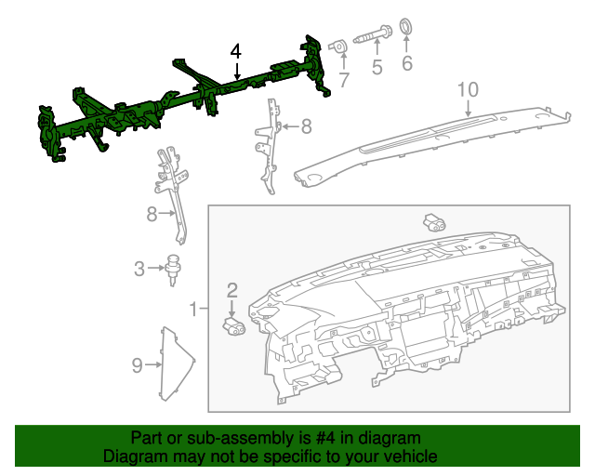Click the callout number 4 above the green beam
(x=236, y=51)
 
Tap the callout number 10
(x=468, y=89)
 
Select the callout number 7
(x=343, y=80)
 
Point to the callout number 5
(x=377, y=67)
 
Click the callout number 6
(x=406, y=63)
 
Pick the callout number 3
(x=139, y=270)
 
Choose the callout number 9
(x=137, y=365)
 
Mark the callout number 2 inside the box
(x=232, y=290)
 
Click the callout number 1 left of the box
(x=194, y=308)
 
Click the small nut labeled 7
(x=341, y=46)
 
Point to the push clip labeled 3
(x=173, y=266)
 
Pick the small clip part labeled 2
(x=232, y=324)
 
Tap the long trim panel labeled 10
(x=428, y=139)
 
